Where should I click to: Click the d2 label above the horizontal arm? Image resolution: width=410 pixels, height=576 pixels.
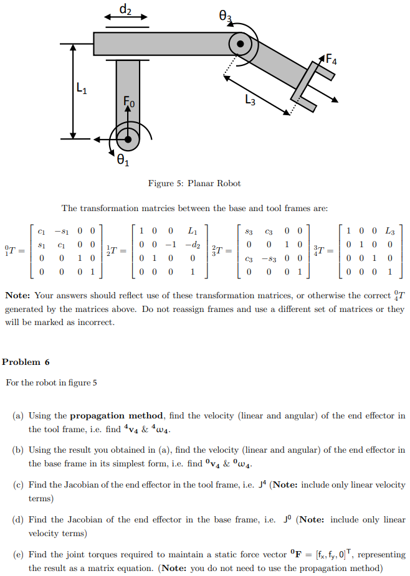click(126, 9)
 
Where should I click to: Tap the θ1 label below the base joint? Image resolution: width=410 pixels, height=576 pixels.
click(123, 162)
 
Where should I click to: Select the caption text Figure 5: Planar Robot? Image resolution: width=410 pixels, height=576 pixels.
click(194, 183)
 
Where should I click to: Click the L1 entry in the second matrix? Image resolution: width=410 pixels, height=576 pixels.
click(193, 230)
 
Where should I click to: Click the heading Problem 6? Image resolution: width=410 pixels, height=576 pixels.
click(26, 362)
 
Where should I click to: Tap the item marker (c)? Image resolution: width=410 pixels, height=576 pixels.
click(19, 484)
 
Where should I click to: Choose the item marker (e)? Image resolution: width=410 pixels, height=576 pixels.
click(19, 554)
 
